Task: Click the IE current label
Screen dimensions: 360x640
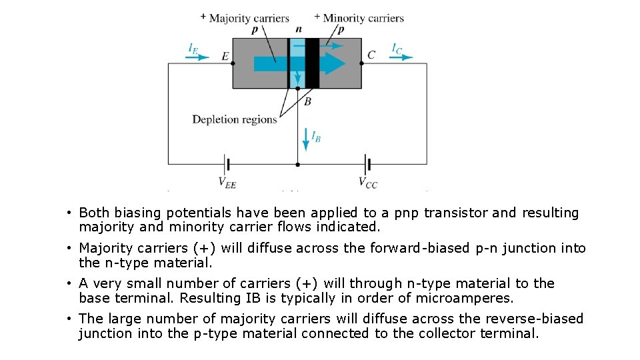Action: click(193, 48)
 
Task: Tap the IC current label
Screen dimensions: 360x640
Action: click(397, 48)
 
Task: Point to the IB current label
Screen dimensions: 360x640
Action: click(316, 137)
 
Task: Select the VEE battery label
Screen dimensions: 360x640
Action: click(227, 182)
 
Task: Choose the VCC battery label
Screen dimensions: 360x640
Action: click(368, 182)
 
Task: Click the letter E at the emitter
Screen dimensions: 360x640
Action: click(225, 57)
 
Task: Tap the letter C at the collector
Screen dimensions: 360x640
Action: click(371, 55)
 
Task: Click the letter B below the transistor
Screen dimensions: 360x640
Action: click(307, 101)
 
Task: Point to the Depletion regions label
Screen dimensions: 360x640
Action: click(234, 119)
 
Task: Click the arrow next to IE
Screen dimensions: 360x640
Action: click(197, 57)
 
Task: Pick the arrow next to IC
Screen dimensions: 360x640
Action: click(401, 57)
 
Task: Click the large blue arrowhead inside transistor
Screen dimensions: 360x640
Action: click(333, 63)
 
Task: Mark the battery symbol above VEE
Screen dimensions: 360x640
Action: click(227, 163)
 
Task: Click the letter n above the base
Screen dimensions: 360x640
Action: click(298, 29)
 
